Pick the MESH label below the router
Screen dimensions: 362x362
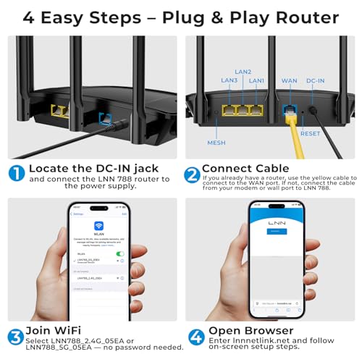pyautogui.click(x=216, y=142)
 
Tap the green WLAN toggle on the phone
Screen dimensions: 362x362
pyautogui.click(x=119, y=253)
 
